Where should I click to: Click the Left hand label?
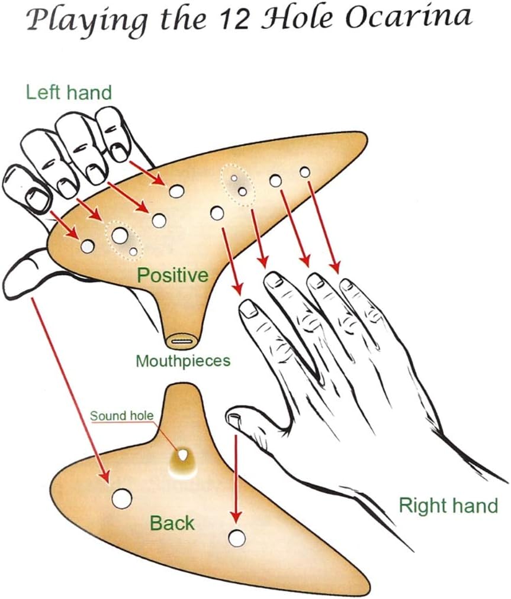tap(69, 92)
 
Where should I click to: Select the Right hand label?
tap(448, 506)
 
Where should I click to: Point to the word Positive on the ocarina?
tap(172, 275)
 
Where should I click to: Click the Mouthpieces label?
tap(182, 361)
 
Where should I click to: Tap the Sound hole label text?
tap(121, 416)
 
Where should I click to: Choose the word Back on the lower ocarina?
tap(172, 523)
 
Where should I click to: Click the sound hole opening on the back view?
tap(183, 455)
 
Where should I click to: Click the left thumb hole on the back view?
tap(121, 498)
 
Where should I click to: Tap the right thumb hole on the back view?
tap(237, 538)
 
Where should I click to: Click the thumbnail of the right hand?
tap(234, 419)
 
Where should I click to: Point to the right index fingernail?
tap(249, 308)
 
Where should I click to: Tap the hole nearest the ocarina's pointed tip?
tap(305, 172)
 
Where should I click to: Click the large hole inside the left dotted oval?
tap(119, 235)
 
